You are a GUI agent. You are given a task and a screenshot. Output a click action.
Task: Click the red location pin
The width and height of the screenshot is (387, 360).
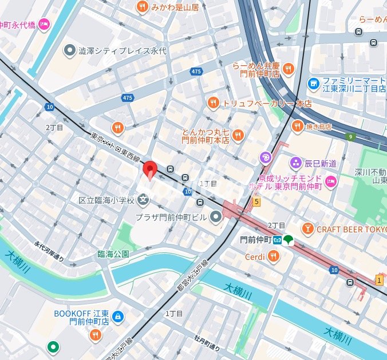coord(149,170)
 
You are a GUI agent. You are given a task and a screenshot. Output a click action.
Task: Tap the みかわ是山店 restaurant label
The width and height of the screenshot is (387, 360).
coord(175,7)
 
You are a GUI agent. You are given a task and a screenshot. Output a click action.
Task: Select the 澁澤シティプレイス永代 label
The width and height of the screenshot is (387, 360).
coord(123,51)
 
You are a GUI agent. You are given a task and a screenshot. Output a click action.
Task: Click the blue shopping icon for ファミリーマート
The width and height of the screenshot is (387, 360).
coord(313,84)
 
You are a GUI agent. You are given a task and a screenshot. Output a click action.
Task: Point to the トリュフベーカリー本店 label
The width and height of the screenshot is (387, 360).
coord(267,104)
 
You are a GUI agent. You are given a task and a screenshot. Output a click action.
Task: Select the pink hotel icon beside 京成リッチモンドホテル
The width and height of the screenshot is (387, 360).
coord(331,182)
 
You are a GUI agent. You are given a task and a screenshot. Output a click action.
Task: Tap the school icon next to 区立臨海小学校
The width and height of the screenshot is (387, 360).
coord(143,200)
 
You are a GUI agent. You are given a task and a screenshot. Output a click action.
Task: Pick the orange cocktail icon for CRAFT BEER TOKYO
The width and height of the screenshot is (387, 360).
coord(308,229)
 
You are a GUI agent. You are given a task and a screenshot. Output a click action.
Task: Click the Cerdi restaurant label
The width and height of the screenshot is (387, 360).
coord(255,257)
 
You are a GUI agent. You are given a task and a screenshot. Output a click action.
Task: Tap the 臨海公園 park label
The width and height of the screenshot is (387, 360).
coord(113,254)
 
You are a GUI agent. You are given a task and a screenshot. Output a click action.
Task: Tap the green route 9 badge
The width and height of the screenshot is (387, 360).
coord(350,137)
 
